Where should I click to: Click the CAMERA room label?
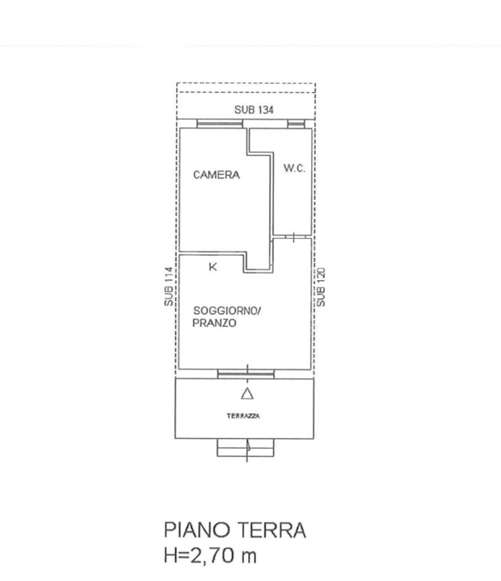pyautogui.click(x=216, y=174)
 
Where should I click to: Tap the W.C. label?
pyautogui.click(x=293, y=169)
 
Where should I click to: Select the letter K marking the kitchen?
pyautogui.click(x=213, y=267)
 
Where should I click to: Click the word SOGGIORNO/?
pyautogui.click(x=226, y=311)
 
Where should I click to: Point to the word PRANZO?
pyautogui.click(x=214, y=323)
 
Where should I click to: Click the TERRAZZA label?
pyautogui.click(x=242, y=416)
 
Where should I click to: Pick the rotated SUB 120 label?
pyautogui.click(x=321, y=286)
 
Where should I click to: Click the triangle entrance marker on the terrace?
pyautogui.click(x=247, y=394)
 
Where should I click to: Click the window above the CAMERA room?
pyautogui.click(x=219, y=124)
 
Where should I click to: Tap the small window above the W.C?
pyautogui.click(x=296, y=124)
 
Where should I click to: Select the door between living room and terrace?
pyautogui.click(x=247, y=374)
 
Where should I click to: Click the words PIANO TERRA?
pyautogui.click(x=235, y=530)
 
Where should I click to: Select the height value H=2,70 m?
pyautogui.click(x=211, y=557)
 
